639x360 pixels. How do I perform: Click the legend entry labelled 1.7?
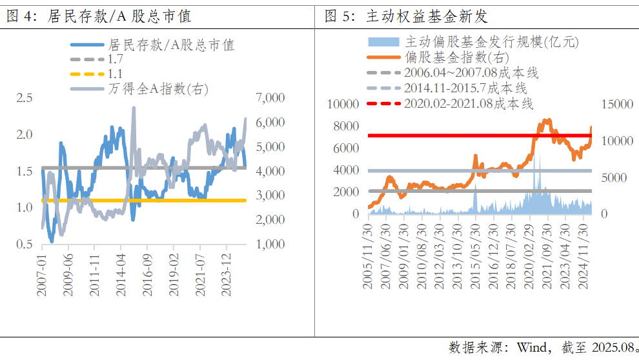[x=116, y=59]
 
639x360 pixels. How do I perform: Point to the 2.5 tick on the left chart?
[x=25, y=98]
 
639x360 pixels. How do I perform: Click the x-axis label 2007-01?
[x=42, y=274]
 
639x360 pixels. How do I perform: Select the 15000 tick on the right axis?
[x=614, y=105]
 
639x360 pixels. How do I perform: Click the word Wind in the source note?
[x=529, y=348]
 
